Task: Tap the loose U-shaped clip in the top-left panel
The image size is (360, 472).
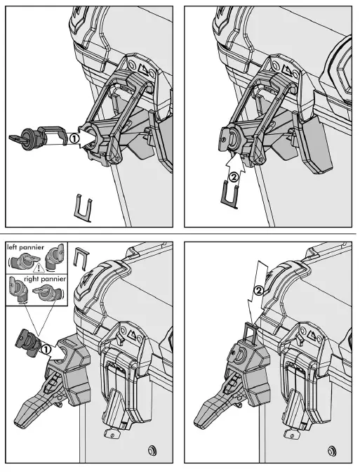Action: click(82, 206)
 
